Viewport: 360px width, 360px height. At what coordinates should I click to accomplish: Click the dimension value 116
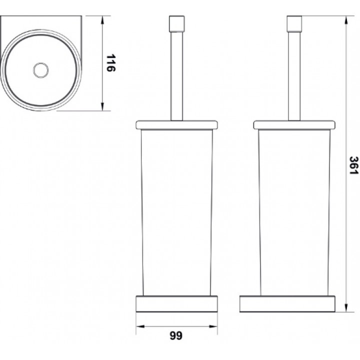110,63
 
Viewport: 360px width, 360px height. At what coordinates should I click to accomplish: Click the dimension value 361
353,165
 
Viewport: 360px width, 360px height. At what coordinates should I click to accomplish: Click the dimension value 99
176,335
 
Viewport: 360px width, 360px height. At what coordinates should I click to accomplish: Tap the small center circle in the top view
41,70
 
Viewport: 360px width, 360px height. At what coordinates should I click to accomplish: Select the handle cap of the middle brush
177,23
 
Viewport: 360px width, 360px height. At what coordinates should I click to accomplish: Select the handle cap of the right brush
294,23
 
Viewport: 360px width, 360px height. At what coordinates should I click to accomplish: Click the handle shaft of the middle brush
177,76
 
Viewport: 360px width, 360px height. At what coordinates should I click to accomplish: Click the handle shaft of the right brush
294,76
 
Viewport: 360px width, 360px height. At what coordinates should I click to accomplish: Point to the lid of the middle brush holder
177,124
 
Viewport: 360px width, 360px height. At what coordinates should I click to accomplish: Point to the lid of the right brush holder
294,124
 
